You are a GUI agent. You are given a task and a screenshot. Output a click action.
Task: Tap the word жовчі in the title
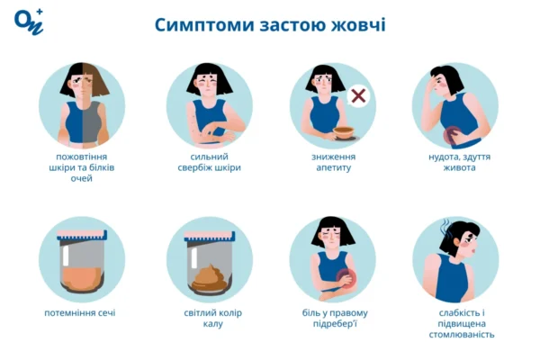[359, 24]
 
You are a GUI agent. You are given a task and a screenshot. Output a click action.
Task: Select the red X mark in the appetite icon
[358, 96]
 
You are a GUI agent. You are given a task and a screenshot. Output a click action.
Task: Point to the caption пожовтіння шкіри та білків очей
[81, 166]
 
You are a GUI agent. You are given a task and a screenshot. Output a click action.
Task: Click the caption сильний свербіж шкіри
[209, 162]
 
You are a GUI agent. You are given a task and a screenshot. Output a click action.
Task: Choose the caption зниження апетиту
[333, 162]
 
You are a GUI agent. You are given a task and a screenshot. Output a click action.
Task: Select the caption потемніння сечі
[80, 313]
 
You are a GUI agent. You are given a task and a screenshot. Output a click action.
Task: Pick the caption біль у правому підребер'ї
[334, 319]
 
